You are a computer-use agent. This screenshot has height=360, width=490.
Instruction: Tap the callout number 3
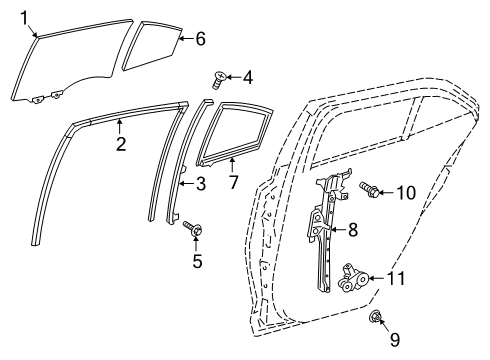pos(200,183)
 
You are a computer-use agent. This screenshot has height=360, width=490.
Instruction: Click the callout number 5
pos(197,261)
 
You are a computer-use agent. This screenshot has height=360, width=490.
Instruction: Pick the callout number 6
pos(200,39)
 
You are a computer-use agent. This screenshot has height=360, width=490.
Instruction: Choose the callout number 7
pos(233,182)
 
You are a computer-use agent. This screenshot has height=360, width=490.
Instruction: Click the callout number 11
pos(396,277)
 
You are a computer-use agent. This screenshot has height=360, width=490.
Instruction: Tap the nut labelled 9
pos(375,320)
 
